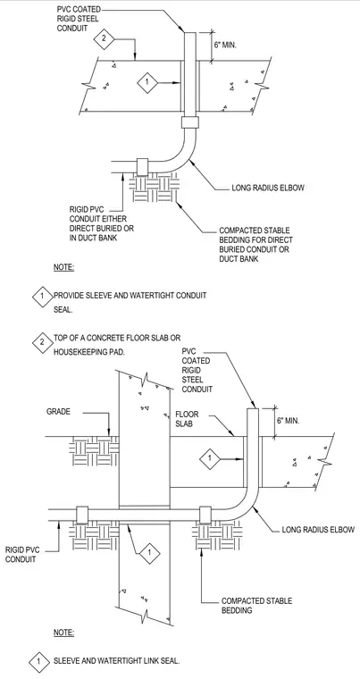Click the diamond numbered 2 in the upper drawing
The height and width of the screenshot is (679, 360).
[104, 38]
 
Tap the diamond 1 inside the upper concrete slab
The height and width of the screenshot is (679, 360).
[147, 81]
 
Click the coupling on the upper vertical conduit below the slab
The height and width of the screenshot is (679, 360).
[189, 122]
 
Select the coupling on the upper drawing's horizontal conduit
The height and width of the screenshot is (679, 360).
[143, 167]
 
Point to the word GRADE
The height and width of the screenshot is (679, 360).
[58, 412]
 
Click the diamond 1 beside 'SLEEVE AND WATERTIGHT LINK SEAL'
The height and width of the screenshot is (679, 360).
[39, 662]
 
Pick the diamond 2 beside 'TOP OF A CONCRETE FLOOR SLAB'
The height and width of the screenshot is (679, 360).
[42, 342]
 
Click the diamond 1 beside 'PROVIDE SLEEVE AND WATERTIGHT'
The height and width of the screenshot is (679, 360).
[42, 297]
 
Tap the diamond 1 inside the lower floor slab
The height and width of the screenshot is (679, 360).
[210, 457]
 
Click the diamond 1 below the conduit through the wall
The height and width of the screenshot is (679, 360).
[149, 553]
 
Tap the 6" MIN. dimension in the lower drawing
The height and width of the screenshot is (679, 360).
[288, 421]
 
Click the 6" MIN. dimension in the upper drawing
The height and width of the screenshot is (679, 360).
[224, 45]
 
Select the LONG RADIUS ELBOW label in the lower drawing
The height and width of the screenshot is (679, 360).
[318, 530]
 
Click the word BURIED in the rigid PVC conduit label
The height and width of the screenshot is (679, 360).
[123, 228]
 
